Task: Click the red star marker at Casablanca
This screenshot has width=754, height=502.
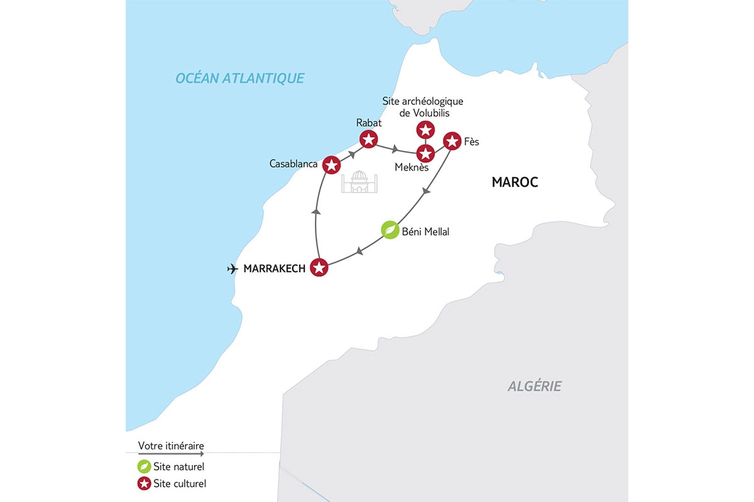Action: tap(331, 165)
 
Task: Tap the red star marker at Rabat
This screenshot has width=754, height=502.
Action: tap(368, 139)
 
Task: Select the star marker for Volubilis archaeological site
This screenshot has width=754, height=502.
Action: tap(425, 130)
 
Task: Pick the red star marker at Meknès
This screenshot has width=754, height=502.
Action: tap(425, 153)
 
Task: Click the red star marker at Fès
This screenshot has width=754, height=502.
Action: tap(452, 141)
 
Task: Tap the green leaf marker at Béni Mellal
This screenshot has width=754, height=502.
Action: tap(390, 230)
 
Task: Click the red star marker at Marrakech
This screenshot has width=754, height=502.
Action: tap(319, 268)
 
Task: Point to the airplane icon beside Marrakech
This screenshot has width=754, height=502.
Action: tap(232, 269)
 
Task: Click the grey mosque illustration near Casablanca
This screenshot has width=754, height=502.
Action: tap(359, 181)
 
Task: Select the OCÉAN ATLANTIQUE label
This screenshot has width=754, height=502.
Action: tap(239, 78)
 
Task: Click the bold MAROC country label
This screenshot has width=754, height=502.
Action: tap(515, 182)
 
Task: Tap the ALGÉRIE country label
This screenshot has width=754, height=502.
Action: tap(534, 387)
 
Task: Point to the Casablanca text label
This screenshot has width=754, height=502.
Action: tap(293, 164)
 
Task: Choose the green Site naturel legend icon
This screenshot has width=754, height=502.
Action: tap(144, 467)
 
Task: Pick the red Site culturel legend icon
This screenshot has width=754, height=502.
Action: tap(144, 484)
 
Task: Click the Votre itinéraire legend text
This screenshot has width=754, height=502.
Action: tap(171, 446)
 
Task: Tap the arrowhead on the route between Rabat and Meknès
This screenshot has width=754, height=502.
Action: tap(395, 150)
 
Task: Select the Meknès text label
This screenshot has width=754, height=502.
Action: tap(412, 168)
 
